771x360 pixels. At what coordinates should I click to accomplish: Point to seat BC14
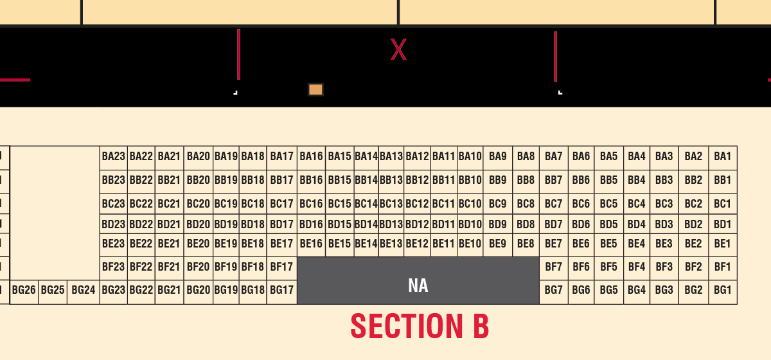(x=367, y=204)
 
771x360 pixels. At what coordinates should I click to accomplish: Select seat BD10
(x=470, y=224)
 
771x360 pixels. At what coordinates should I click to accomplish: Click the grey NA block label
(x=418, y=285)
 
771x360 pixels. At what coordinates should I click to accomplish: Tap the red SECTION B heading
(x=420, y=326)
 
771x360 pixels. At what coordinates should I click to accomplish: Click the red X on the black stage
(x=398, y=50)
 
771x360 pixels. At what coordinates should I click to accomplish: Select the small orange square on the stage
(x=315, y=90)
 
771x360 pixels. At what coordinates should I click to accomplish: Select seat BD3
(x=664, y=224)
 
